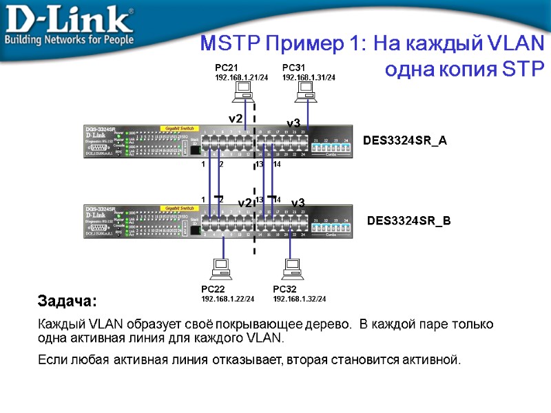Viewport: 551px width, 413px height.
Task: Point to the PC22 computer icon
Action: (x=222, y=268)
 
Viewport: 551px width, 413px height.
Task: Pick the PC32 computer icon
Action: (x=293, y=268)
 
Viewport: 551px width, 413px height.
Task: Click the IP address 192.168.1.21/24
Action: (x=241, y=77)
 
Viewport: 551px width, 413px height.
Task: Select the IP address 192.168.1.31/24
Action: (x=309, y=77)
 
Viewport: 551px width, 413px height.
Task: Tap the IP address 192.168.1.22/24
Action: (x=227, y=299)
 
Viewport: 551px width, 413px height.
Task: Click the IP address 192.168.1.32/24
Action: (x=300, y=299)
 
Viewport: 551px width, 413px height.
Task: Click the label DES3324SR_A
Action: (x=405, y=141)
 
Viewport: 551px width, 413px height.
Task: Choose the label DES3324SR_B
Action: (x=408, y=221)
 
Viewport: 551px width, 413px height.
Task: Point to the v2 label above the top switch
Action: (x=236, y=118)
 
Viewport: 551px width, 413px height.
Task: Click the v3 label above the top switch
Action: (x=293, y=123)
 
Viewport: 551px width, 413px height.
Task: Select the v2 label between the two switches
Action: (x=245, y=203)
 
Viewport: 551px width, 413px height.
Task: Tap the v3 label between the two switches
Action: (x=298, y=203)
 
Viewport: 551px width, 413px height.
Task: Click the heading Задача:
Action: (x=67, y=301)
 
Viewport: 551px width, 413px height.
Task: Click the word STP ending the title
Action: (x=523, y=69)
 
